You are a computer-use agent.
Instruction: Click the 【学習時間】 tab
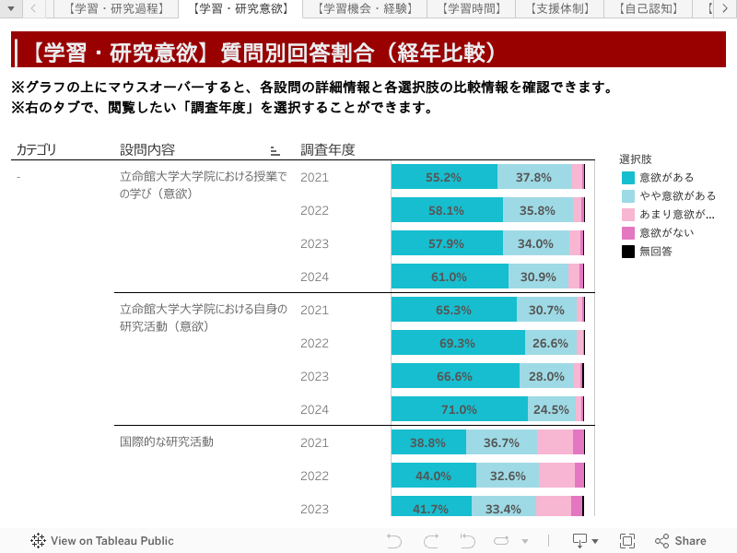(472, 9)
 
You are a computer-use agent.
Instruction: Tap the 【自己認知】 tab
(649, 9)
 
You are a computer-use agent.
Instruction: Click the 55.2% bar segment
(444, 178)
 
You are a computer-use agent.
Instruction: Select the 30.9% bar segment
(538, 277)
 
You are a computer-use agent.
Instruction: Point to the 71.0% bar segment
(459, 410)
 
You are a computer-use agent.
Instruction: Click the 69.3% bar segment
(458, 344)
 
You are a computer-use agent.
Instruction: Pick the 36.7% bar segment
(501, 443)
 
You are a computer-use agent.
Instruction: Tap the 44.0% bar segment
(433, 477)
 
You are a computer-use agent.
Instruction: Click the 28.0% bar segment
(546, 377)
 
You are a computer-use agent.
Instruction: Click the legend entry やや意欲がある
(677, 195)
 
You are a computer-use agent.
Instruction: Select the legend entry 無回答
(655, 251)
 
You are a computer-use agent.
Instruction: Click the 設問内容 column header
(147, 149)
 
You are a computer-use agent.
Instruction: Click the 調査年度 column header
(327, 149)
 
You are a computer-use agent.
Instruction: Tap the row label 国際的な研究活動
(167, 441)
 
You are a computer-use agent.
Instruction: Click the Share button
(681, 541)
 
